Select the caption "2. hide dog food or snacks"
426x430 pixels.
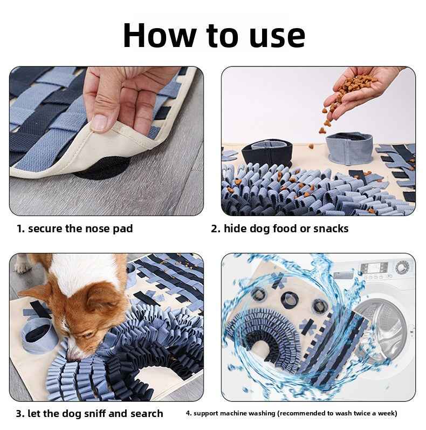[x=279, y=229]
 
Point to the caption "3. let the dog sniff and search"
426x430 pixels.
[x=89, y=414]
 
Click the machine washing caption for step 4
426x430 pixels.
[x=291, y=414]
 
